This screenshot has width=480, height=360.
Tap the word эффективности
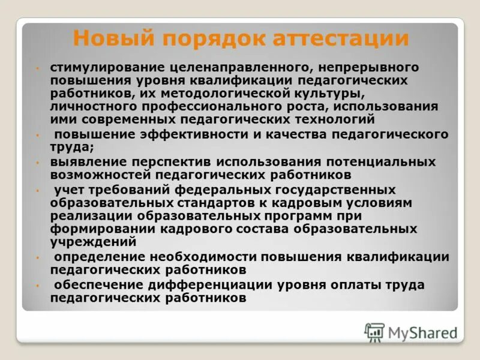198,134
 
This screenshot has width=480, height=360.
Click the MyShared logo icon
374,332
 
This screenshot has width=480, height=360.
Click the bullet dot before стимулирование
38,68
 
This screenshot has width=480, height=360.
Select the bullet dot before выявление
38,163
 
